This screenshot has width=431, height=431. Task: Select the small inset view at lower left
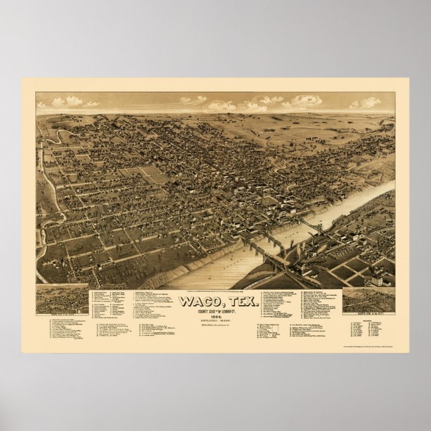pos(62,299)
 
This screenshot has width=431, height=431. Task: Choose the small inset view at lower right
pos(367,300)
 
